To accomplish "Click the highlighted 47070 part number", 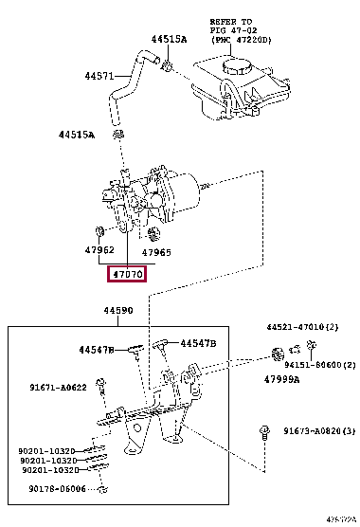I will (x=127, y=275).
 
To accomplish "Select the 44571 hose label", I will (x=99, y=76).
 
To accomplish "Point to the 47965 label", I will (x=156, y=253).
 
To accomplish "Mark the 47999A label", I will (x=281, y=379).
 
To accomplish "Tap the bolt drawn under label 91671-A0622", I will (x=103, y=407).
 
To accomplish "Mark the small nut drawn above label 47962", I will (x=100, y=231).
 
